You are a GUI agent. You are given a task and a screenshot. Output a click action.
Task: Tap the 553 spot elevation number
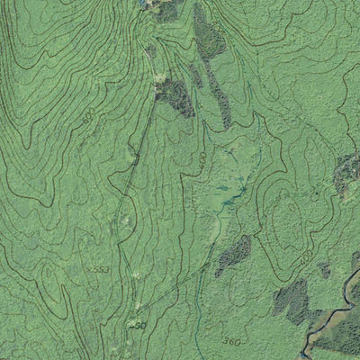coord(102,269)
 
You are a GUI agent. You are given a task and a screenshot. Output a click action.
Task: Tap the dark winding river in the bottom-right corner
coord(334,319)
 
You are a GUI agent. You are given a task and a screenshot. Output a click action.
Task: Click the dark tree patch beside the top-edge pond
coord(165,8)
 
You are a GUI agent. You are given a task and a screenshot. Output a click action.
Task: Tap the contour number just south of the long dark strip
coord(204,157)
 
